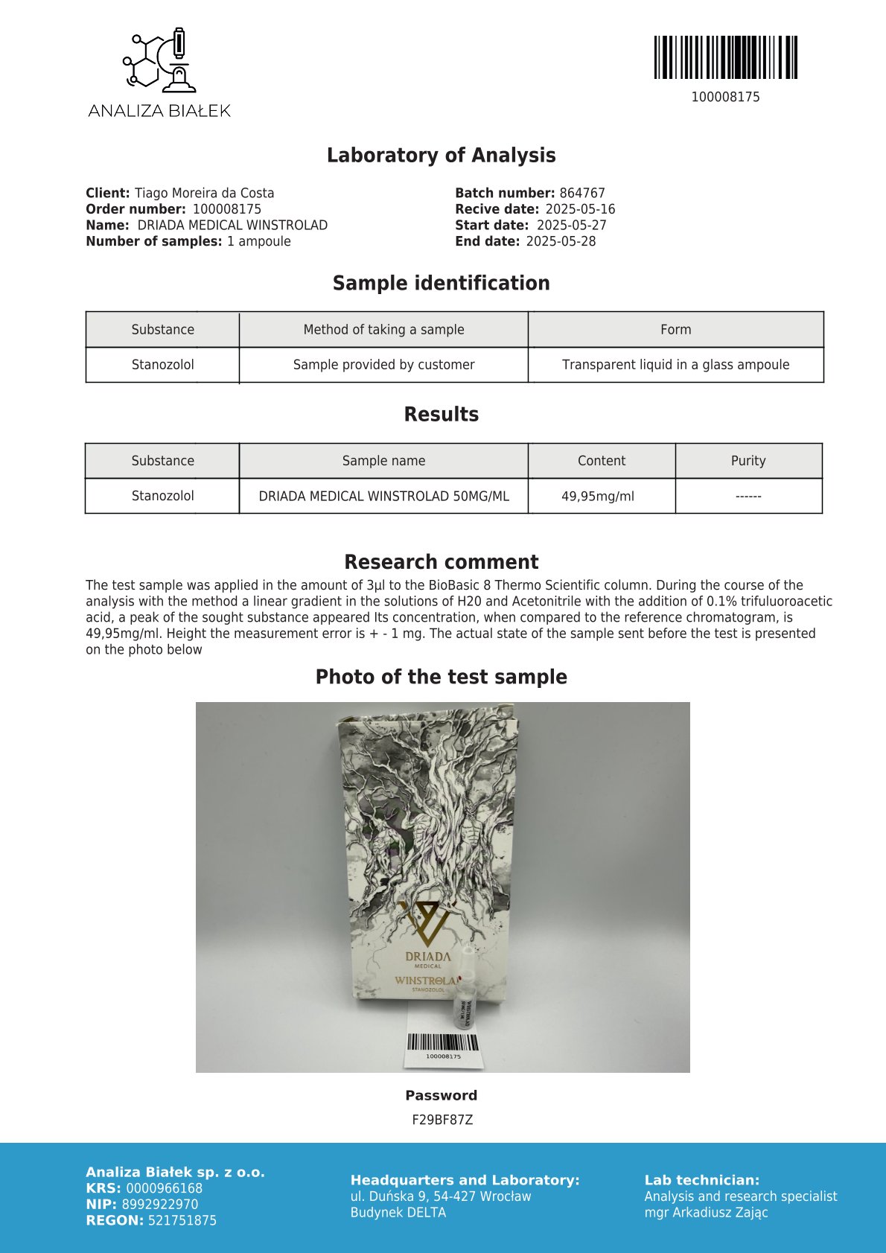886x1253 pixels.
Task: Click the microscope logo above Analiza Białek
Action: (159, 60)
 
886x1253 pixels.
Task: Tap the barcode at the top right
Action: (725, 57)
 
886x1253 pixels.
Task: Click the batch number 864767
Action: (582, 193)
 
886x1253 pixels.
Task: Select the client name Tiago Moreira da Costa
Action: (204, 193)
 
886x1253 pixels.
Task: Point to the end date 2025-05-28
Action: (561, 241)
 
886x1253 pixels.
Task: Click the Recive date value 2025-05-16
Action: (580, 209)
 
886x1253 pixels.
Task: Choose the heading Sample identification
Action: (441, 283)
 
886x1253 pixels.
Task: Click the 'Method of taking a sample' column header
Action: (383, 329)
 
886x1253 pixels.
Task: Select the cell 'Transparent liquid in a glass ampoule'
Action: (675, 365)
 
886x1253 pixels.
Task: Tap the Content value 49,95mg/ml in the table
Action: (598, 496)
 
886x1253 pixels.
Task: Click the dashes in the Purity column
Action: (748, 496)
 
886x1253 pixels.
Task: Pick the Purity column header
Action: (748, 461)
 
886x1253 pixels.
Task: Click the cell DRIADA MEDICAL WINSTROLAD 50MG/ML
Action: (383, 496)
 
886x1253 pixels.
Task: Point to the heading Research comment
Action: (441, 562)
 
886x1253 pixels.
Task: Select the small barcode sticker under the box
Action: (443, 1047)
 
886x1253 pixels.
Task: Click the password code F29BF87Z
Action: (442, 1120)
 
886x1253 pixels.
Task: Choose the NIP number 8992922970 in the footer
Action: (160, 1205)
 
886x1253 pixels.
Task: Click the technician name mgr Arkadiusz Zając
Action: (706, 1212)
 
